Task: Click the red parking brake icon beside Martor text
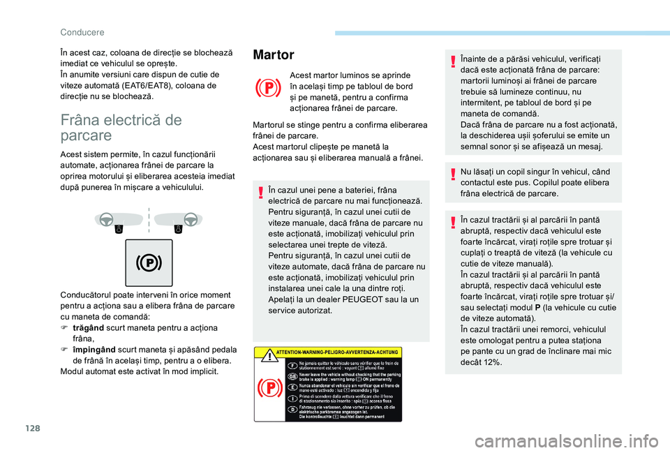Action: [267, 89]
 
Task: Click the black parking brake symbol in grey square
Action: [149, 262]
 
